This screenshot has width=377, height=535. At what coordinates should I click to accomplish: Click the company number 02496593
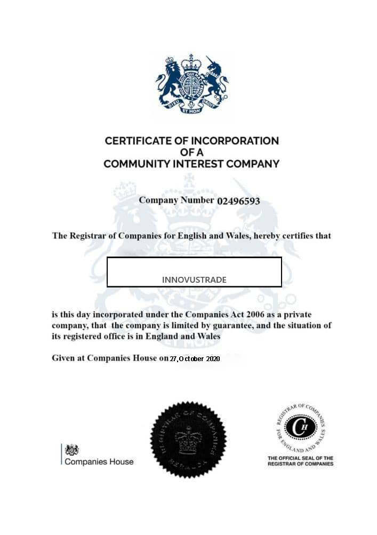(x=238, y=201)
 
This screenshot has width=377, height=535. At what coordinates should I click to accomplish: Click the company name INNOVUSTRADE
(x=194, y=280)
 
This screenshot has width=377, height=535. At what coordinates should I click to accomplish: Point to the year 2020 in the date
(x=213, y=359)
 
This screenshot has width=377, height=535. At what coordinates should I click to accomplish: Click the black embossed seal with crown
(x=188, y=439)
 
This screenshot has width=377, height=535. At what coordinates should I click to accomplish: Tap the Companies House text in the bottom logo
(x=99, y=461)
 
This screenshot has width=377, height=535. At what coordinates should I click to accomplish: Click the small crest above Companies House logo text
(x=72, y=450)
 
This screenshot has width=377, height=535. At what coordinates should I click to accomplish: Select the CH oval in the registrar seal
(x=301, y=427)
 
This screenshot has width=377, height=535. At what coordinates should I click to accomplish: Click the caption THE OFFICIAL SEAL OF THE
(x=300, y=458)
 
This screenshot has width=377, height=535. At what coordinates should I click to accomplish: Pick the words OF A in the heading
(x=191, y=153)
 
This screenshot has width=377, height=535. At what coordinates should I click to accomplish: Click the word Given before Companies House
(x=64, y=358)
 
